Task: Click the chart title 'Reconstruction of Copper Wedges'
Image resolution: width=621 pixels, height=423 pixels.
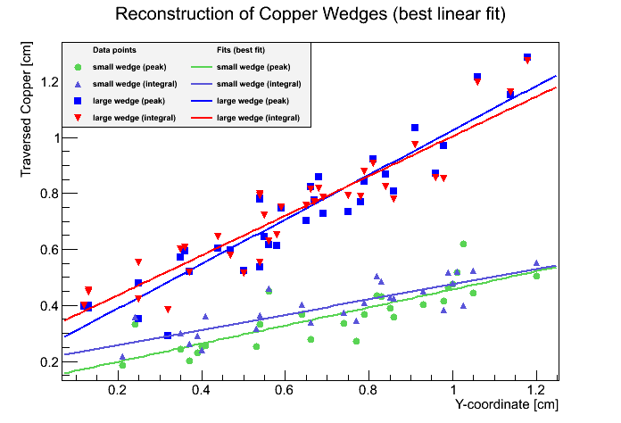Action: pyautogui.click(x=310, y=15)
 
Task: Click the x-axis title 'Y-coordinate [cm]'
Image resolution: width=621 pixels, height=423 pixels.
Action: pyautogui.click(x=507, y=404)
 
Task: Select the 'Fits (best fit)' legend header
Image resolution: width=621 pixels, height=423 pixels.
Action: pyautogui.click(x=241, y=50)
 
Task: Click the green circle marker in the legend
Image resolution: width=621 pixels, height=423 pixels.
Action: pyautogui.click(x=79, y=67)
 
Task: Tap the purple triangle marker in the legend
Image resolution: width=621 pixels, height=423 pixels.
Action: pyautogui.click(x=79, y=84)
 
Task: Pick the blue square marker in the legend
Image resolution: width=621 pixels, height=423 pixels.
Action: pyautogui.click(x=79, y=101)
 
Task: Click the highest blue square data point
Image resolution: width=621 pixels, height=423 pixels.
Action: pyautogui.click(x=527, y=57)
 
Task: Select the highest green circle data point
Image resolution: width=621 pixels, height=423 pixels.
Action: pyautogui.click(x=463, y=244)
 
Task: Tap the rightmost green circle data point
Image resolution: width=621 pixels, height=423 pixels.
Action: pyautogui.click(x=536, y=276)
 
